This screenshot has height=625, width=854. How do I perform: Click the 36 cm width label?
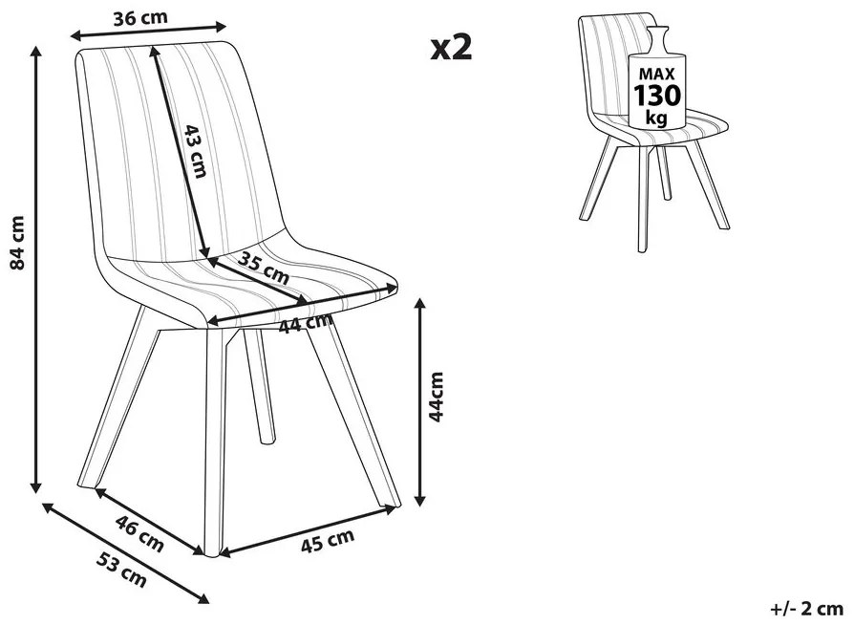[x=140, y=17]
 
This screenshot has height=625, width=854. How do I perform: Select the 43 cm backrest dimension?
[x=196, y=151]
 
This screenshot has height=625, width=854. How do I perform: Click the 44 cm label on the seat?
[x=306, y=323]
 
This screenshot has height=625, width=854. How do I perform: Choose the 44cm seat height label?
[x=437, y=397]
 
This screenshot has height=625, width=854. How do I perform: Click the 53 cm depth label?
[x=121, y=570]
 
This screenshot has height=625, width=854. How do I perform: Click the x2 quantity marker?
[x=452, y=47]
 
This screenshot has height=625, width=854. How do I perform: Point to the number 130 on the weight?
[x=657, y=96]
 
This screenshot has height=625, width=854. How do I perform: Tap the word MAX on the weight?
[x=656, y=74]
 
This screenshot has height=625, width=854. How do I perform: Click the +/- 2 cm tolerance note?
[x=807, y=608]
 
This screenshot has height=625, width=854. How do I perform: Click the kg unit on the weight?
[x=656, y=117]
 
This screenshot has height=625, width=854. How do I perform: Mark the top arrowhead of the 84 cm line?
[x=36, y=53]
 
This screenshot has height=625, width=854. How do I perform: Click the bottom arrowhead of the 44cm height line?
[x=419, y=500]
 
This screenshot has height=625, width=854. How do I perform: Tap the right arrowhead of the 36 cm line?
[x=220, y=25]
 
